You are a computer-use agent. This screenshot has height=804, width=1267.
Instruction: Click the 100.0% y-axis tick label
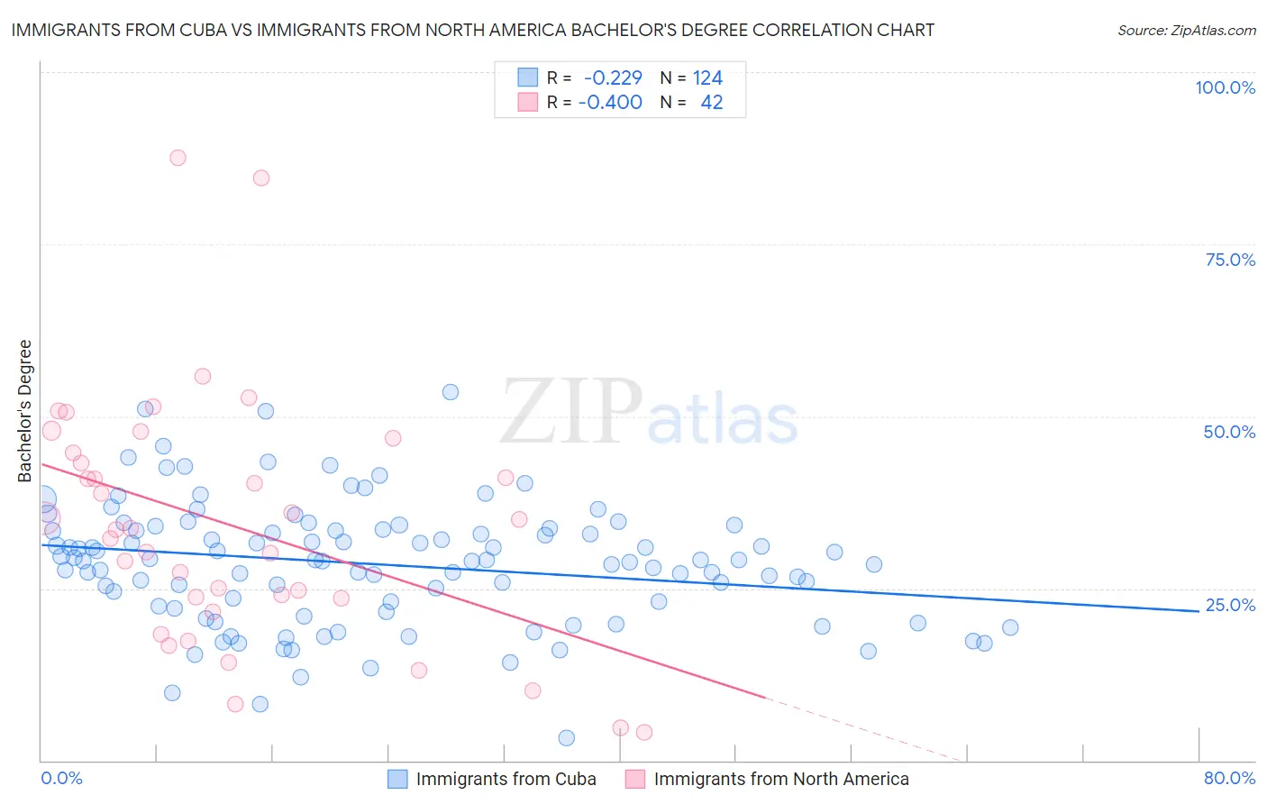(x=1225, y=87)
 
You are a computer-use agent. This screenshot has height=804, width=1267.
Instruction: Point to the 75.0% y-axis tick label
(x=1230, y=260)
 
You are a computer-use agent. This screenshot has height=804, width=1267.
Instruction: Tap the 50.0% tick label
(x=1229, y=432)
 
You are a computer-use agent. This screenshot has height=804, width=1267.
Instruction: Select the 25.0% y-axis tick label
(x=1230, y=605)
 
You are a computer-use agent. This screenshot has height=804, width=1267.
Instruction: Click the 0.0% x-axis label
(x=61, y=778)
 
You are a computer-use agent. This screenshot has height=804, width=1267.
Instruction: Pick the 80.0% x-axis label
(x=1229, y=778)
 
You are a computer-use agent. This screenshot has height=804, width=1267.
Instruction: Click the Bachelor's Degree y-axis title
(x=25, y=410)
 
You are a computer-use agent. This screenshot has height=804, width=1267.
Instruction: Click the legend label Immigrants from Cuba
(x=506, y=779)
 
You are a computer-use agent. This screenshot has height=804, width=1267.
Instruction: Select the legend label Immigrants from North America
(x=780, y=779)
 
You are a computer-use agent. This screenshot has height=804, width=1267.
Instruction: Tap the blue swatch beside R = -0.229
(x=527, y=78)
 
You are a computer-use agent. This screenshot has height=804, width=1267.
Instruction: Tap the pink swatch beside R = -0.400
(x=527, y=102)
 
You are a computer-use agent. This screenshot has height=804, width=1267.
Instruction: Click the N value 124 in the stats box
(x=707, y=78)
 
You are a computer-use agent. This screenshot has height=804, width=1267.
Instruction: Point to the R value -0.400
(x=610, y=102)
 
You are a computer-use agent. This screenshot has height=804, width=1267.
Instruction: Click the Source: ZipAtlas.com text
(x=1186, y=30)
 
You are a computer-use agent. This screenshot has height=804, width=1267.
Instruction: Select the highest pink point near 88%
(x=178, y=158)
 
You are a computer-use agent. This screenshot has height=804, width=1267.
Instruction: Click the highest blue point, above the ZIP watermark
(x=451, y=392)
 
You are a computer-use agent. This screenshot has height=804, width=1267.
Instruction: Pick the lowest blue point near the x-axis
(x=566, y=738)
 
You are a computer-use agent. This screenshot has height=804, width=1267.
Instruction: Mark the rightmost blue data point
(x=1010, y=627)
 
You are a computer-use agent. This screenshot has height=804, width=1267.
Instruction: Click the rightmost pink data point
(x=644, y=732)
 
